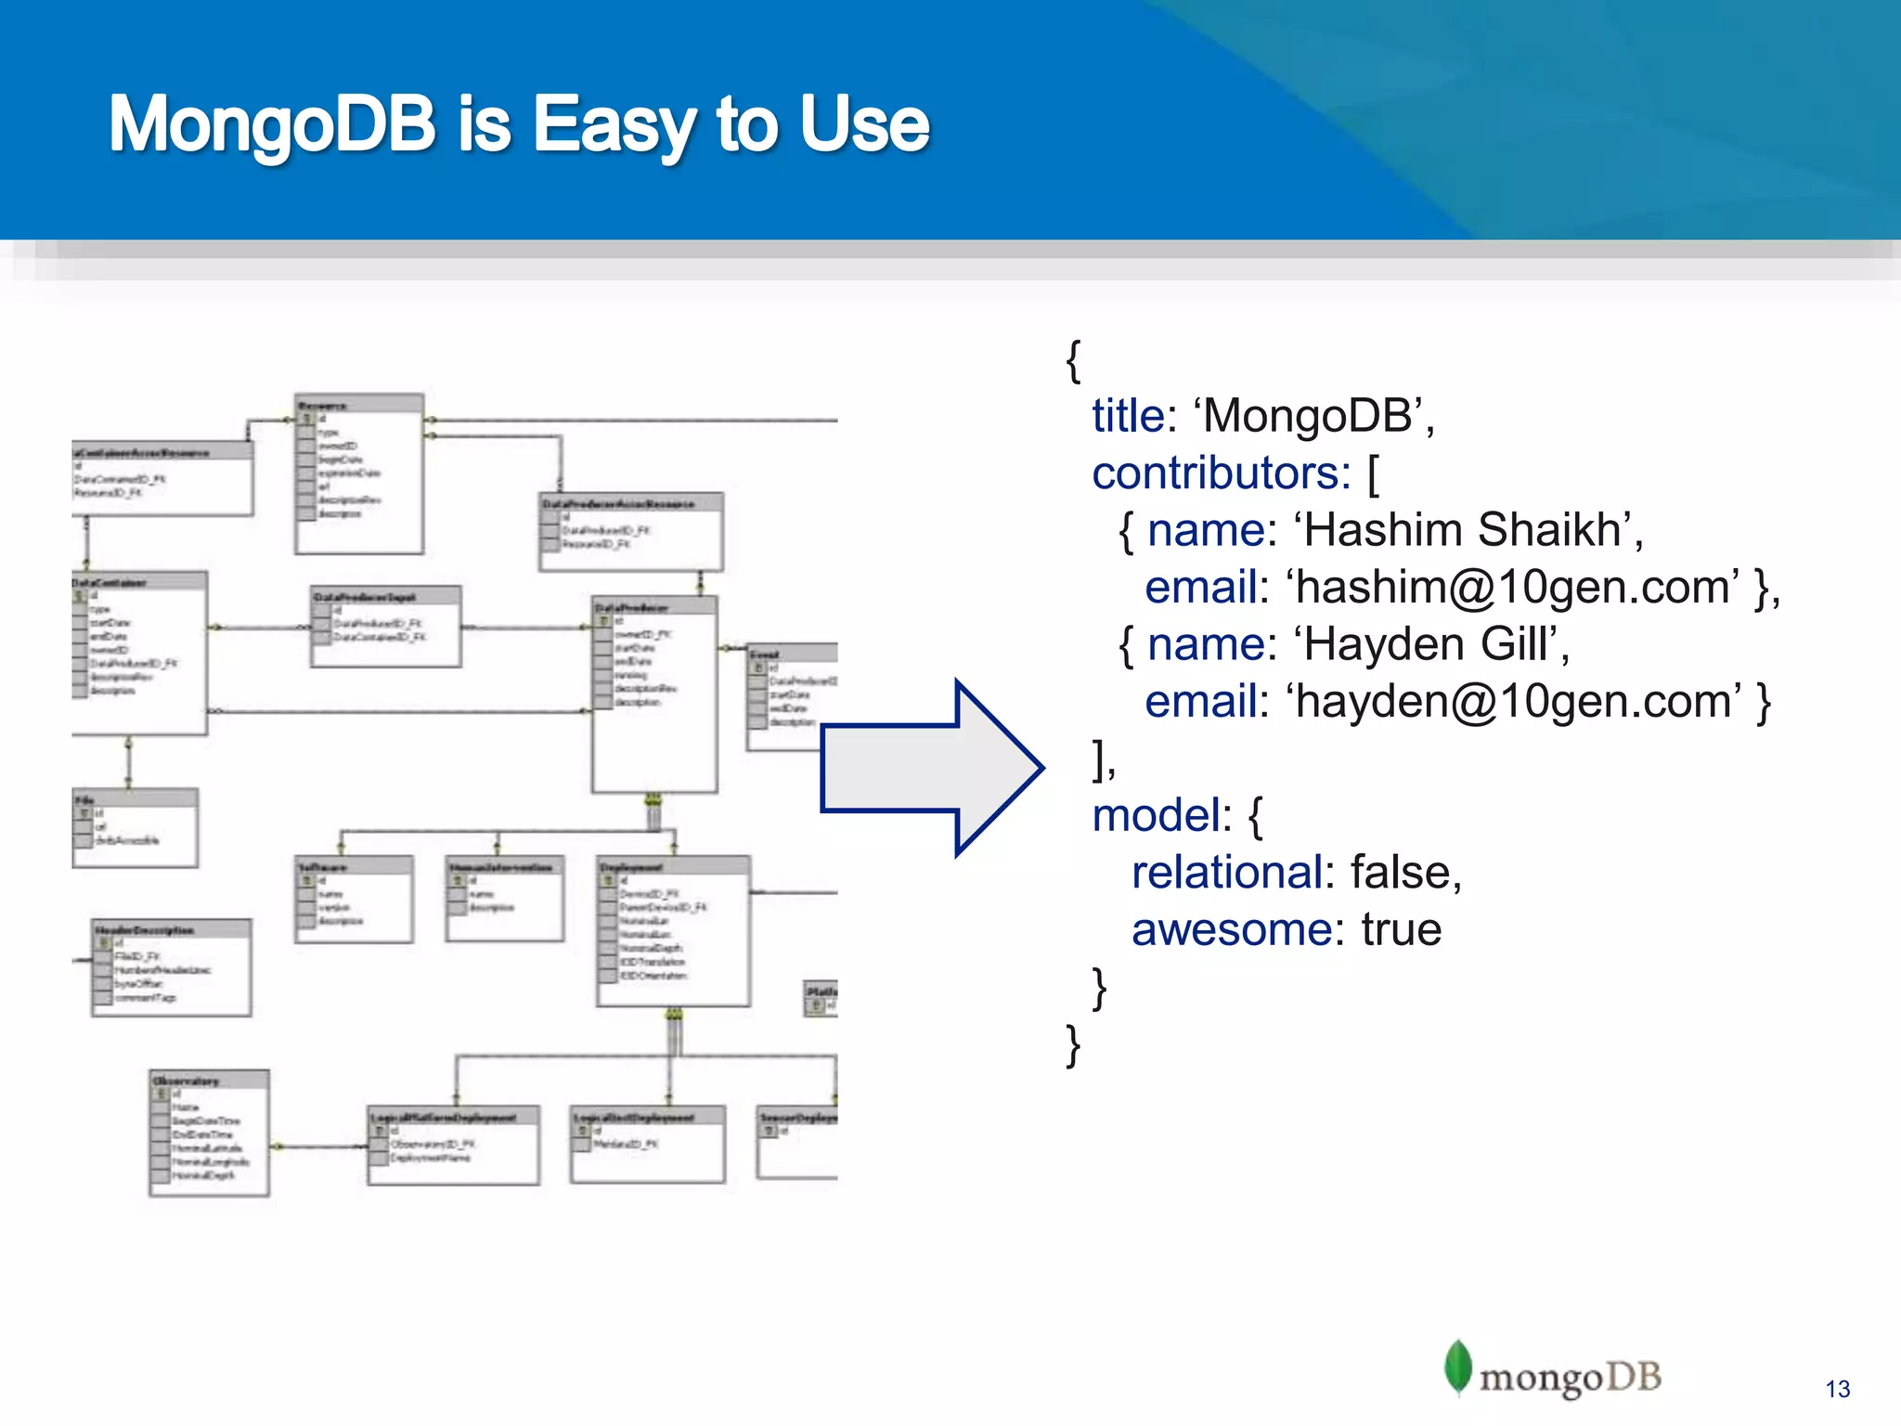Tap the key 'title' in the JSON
(1128, 416)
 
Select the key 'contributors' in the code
(1221, 473)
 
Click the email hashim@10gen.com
(1513, 588)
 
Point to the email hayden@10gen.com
(1513, 702)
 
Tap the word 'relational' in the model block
(1227, 873)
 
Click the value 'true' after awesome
(1401, 930)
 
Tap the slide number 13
(1837, 1389)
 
